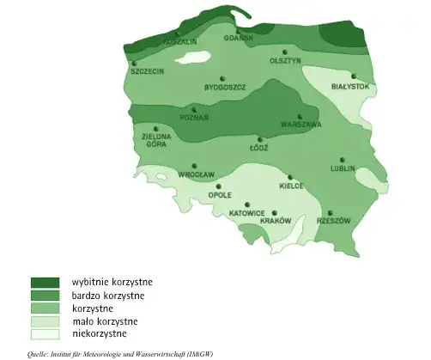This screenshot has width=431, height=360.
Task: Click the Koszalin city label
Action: [x=180, y=41]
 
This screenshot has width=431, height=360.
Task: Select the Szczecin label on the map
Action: [x=147, y=71]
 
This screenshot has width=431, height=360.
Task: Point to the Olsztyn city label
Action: [x=285, y=61]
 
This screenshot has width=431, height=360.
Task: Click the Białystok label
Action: [x=349, y=87]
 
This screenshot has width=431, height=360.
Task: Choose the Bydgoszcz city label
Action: [x=225, y=88]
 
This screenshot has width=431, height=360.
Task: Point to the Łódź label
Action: [x=258, y=148]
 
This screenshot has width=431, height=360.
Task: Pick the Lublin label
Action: [x=343, y=168]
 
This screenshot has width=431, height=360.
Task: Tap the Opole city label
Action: [x=220, y=195]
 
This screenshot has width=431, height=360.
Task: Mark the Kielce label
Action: [x=292, y=186]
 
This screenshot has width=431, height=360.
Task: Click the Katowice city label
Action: [x=246, y=213]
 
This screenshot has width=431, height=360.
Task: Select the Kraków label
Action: [x=276, y=221]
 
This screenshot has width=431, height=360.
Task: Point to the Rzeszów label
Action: [x=333, y=221]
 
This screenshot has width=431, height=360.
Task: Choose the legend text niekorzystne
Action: [x=100, y=333]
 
